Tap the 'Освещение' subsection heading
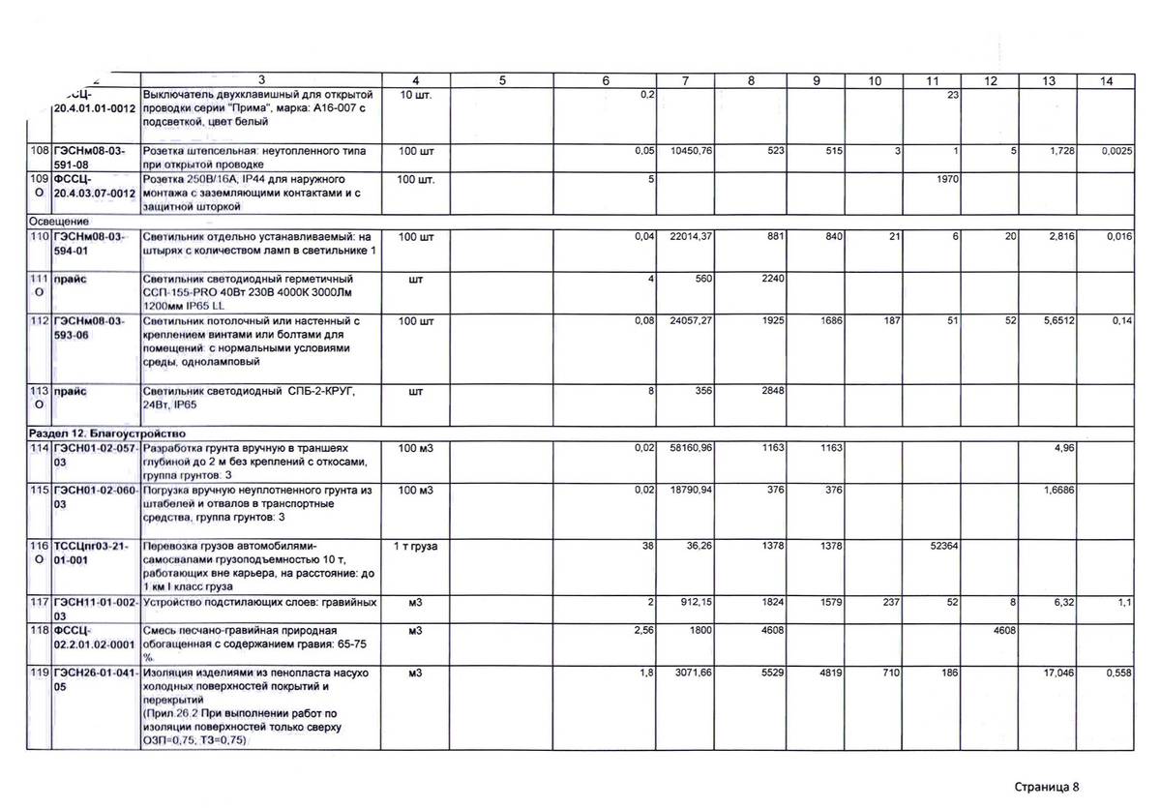59,221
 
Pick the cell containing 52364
939,547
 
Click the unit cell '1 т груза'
416,547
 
